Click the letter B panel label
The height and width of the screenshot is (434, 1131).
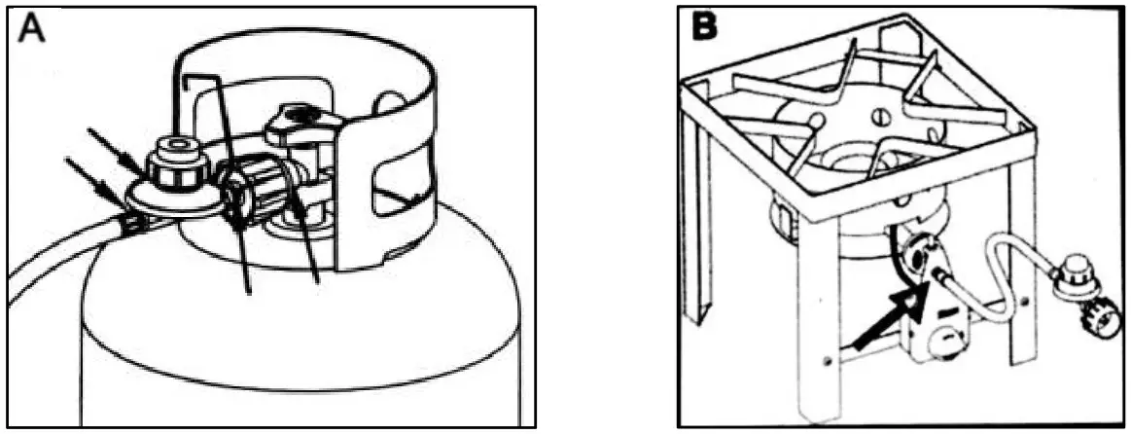[706, 26]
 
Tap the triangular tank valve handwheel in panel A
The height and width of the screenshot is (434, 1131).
[300, 124]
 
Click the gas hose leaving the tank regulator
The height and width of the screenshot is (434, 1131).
[66, 253]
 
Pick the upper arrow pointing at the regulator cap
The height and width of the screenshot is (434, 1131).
[116, 150]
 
